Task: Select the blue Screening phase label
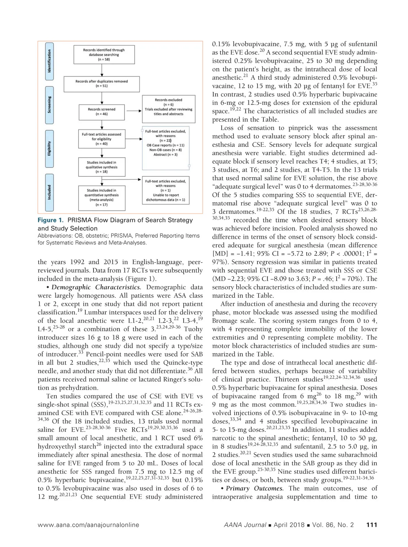[49, 105]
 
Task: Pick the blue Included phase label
[49, 192]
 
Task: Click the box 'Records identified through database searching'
[104, 54]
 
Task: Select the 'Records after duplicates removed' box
[102, 84]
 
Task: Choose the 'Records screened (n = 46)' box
[102, 112]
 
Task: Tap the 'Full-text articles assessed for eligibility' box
[101, 139]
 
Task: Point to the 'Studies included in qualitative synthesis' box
[102, 167]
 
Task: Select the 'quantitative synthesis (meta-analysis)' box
[101, 197]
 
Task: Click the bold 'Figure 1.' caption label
[51, 220]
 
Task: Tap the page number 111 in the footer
[372, 525]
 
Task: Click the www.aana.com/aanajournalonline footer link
[88, 525]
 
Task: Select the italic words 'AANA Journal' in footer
[245, 525]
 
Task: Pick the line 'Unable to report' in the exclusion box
[166, 195]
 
